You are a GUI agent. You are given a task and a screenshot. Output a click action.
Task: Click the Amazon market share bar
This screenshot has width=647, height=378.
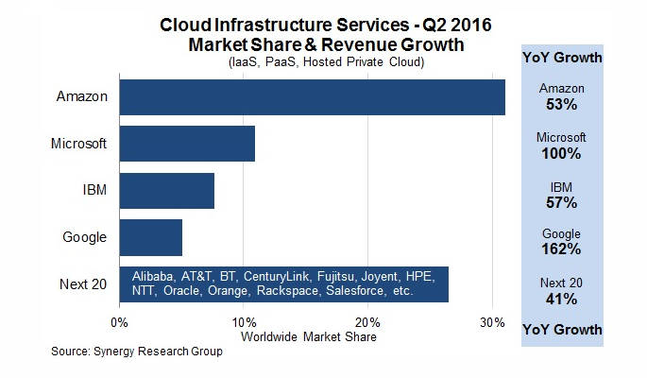[313, 97]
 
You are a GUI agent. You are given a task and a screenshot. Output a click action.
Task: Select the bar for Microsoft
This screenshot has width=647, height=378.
[187, 144]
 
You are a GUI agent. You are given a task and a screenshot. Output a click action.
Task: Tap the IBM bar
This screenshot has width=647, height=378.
[167, 191]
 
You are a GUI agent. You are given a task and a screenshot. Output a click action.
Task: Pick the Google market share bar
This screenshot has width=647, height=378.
[151, 238]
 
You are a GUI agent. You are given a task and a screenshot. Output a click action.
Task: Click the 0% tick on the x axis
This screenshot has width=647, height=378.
[119, 322]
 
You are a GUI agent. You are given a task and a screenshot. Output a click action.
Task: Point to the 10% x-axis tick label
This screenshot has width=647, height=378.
[245, 322]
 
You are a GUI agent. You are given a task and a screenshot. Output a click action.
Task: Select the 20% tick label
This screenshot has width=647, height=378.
[368, 322]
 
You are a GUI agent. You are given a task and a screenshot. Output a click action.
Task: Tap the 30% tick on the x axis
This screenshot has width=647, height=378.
[493, 322]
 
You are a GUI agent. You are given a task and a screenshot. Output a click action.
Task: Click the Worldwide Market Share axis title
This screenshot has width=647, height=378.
[309, 336]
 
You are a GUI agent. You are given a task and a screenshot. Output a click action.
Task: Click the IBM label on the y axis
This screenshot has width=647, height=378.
[94, 190]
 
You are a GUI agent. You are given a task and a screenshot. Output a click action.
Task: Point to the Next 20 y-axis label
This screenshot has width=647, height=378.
[83, 284]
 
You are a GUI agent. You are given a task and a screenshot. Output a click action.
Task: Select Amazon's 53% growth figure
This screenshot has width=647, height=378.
[562, 104]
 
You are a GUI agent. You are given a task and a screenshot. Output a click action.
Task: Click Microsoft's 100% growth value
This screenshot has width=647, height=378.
[561, 153]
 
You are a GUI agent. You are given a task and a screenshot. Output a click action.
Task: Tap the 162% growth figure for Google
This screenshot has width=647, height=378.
[561, 249]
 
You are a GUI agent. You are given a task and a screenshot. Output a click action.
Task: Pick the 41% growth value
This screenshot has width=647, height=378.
[561, 299]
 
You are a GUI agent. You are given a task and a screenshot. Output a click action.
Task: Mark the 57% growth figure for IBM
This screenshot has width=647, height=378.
[562, 202]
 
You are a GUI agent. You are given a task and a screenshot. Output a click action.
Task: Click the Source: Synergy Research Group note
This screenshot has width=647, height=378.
[137, 352]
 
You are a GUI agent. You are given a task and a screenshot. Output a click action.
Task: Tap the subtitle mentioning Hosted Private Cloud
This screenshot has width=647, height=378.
[327, 62]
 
